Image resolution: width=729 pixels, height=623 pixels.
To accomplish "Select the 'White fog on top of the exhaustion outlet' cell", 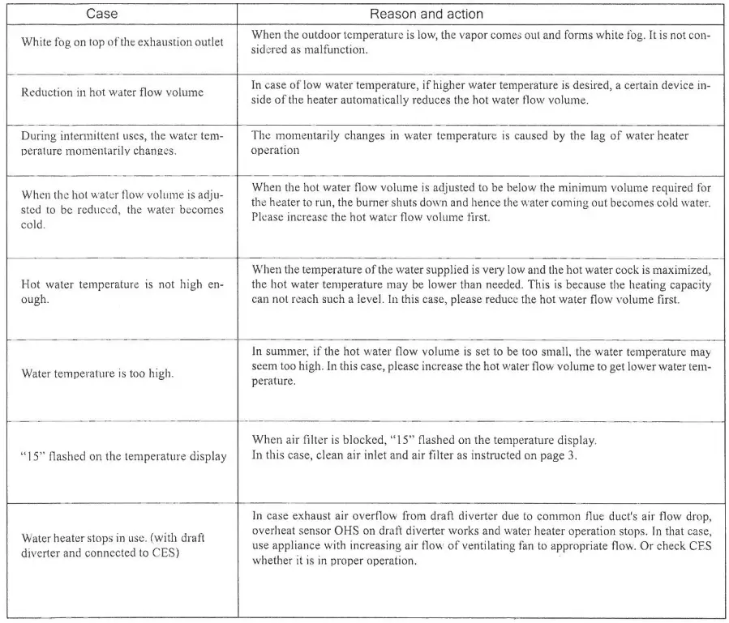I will pos(122,41).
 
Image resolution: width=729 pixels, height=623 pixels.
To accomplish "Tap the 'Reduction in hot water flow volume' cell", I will pos(113,92).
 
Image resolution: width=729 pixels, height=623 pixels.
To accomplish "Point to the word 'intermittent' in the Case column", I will pos(89,137).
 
